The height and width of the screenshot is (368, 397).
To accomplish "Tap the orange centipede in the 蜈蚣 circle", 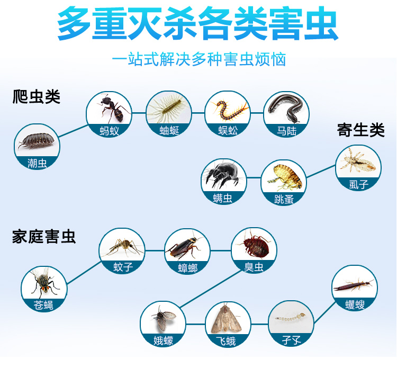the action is click(229, 111).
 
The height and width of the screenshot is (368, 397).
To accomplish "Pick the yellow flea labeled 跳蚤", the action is click(285, 177).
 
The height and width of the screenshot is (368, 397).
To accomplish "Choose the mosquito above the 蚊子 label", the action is click(123, 246).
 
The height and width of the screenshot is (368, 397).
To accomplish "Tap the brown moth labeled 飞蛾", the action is click(226, 319).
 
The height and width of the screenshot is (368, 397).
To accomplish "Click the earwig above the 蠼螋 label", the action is click(354, 285).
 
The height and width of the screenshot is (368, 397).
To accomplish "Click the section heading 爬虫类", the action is click(37, 97).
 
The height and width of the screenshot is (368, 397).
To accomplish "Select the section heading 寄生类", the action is click(360, 130).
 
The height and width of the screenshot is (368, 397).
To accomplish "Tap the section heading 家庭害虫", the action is click(44, 237).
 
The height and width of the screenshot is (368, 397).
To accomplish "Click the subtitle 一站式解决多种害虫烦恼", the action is click(198, 59).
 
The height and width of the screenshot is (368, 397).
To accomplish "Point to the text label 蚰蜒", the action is click(169, 131).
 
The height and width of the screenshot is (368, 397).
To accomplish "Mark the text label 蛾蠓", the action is click(164, 340).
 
